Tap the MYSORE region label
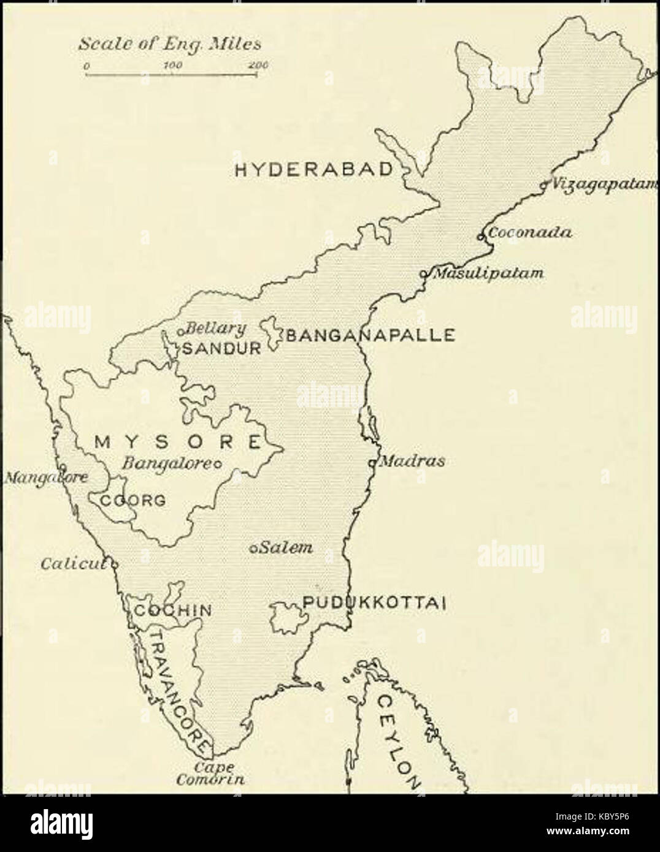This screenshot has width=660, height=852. (x=178, y=441)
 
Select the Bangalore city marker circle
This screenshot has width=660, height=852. (x=216, y=463)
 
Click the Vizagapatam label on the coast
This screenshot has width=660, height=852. (x=604, y=183)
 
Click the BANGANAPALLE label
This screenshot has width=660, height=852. (x=370, y=335)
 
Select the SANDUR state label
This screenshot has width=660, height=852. (x=222, y=348)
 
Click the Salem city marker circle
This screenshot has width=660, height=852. (x=253, y=549)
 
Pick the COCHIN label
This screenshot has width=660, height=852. (x=173, y=610)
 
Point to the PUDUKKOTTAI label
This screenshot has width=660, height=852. (x=372, y=603)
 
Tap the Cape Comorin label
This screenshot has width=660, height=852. (x=210, y=774)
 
